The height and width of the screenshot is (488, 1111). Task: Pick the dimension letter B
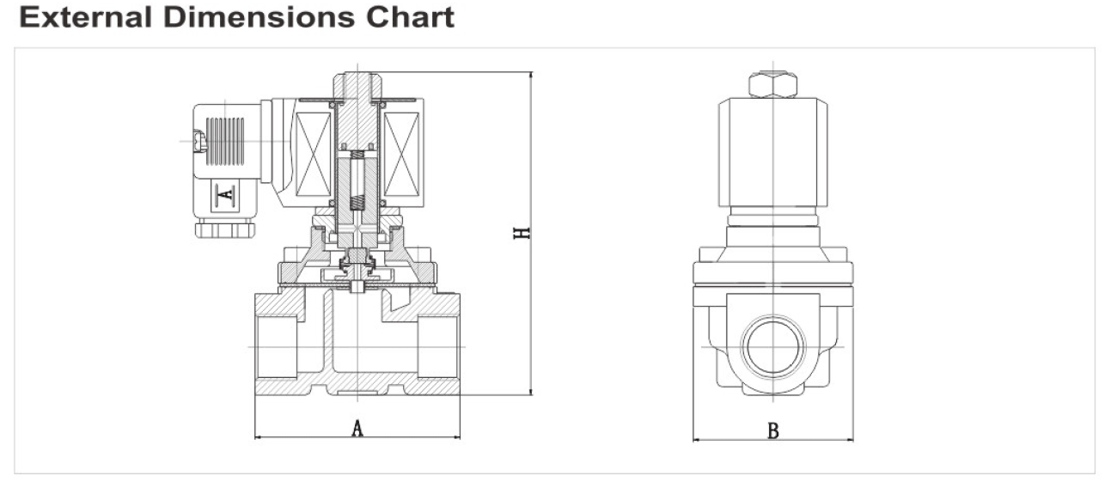pos(773,430)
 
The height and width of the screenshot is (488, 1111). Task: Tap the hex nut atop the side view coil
pos(773,84)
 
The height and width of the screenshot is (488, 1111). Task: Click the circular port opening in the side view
pos(773,345)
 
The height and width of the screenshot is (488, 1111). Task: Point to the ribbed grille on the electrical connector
pos(225,135)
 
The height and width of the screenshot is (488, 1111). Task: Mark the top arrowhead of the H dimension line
pos(531,76)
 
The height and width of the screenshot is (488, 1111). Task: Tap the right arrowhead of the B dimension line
pos(851,442)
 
